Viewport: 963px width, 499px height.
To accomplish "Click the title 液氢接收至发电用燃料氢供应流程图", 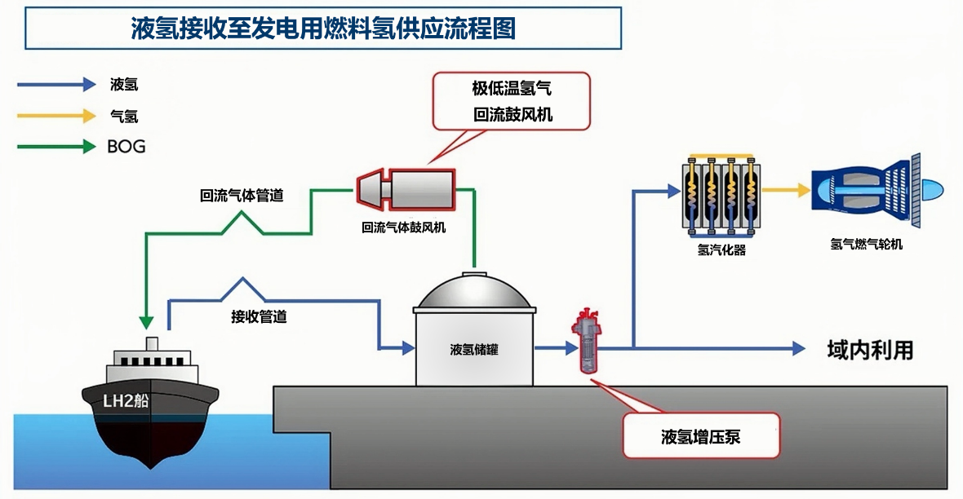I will coord(323,29).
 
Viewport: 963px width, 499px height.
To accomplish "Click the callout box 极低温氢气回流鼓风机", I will coord(512,101).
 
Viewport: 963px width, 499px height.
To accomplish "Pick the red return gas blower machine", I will coord(406,188).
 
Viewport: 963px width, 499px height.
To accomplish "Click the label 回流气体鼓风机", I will coord(403,227).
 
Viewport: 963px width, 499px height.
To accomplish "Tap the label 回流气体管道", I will coord(242,196).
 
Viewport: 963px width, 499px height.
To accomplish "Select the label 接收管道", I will coord(259,316).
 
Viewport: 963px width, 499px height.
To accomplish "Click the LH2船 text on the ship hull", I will coord(126,400).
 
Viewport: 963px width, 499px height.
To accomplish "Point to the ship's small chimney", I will coord(151,342).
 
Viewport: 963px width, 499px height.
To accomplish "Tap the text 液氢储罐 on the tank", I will coord(474,350).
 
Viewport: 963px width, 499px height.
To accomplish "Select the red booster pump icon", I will coord(587,342).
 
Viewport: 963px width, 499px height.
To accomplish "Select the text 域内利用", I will coord(870,350).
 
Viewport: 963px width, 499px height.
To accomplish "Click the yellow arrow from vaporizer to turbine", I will coord(785,191).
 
